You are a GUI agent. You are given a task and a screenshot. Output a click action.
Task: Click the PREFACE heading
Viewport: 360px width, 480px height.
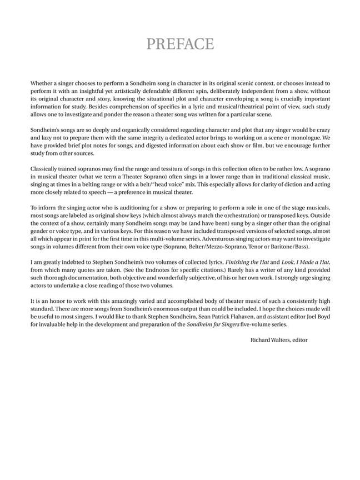[179, 44]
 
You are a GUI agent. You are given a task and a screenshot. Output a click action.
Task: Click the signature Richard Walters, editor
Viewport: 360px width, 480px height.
[278, 339]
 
